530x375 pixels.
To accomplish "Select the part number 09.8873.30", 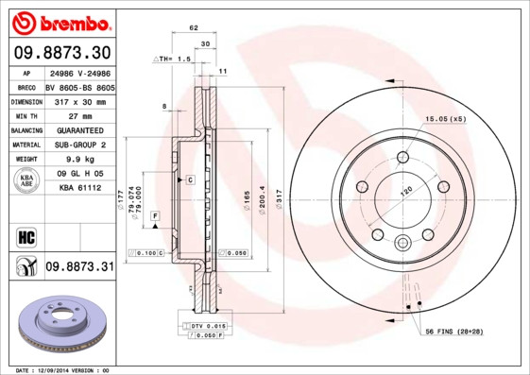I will (x=62, y=52).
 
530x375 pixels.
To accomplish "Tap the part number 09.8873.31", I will (x=79, y=267).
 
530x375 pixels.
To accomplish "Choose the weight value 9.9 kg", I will (x=79, y=160).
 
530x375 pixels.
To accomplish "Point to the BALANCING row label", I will (x=26, y=129).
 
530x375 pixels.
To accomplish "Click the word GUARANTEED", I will (x=79, y=129).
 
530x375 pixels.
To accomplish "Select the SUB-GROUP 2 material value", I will (x=79, y=145).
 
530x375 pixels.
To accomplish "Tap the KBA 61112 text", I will (x=79, y=189).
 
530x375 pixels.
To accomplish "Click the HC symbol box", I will (x=26, y=236).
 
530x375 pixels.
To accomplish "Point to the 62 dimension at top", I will (x=194, y=28).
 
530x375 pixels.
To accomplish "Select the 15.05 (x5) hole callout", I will (x=446, y=120).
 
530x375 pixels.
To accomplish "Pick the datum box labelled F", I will (x=154, y=216).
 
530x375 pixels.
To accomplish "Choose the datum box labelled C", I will (x=189, y=179).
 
